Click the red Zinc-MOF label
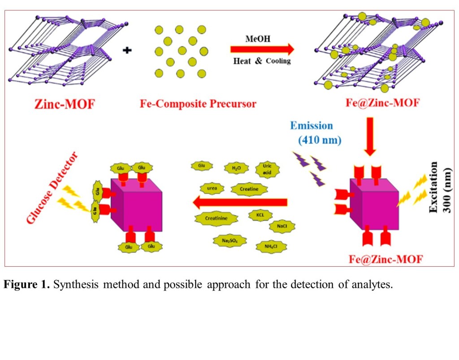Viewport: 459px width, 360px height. [65, 105]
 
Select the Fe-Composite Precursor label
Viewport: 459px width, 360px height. [198, 104]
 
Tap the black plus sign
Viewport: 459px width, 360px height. [127, 51]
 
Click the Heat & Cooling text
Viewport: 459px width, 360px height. [262, 61]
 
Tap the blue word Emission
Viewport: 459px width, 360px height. [311, 126]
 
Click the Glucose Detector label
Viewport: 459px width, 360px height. [52, 188]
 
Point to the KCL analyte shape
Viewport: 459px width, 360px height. [260, 215]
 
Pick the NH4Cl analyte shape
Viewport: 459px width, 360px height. [269, 246]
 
